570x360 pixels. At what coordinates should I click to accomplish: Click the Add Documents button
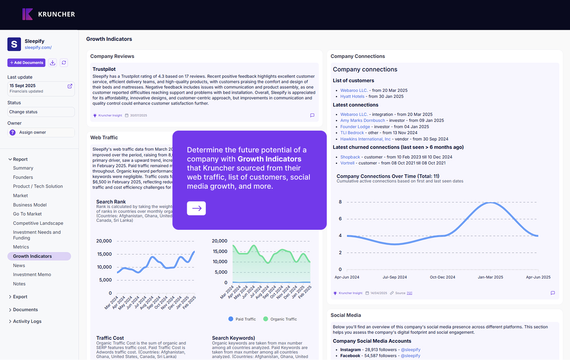point(26,63)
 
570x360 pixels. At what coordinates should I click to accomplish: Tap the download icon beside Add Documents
point(52,63)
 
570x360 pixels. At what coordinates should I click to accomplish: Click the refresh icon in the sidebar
point(64,63)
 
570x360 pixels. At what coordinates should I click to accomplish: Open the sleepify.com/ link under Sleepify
point(38,48)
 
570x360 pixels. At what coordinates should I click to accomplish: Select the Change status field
point(41,112)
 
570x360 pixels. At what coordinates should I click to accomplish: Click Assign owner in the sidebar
point(41,133)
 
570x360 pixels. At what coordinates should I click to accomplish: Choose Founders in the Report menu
point(23,177)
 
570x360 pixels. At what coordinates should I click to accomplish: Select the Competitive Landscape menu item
point(38,223)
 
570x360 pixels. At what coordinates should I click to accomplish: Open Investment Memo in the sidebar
point(32,275)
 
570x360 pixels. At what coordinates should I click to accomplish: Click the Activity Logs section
point(27,321)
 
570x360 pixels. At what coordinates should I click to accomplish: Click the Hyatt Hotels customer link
point(352,97)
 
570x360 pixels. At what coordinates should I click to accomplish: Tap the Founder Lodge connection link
point(355,127)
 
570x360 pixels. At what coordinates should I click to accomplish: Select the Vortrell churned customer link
point(347,163)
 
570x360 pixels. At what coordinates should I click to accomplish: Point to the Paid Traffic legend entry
point(242,319)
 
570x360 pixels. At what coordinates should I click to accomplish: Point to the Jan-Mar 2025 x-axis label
point(490,277)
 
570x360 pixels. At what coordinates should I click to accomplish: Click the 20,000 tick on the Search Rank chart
point(104,241)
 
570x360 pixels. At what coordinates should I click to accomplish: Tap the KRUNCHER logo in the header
point(49,15)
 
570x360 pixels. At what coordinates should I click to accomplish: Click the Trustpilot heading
point(104,69)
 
